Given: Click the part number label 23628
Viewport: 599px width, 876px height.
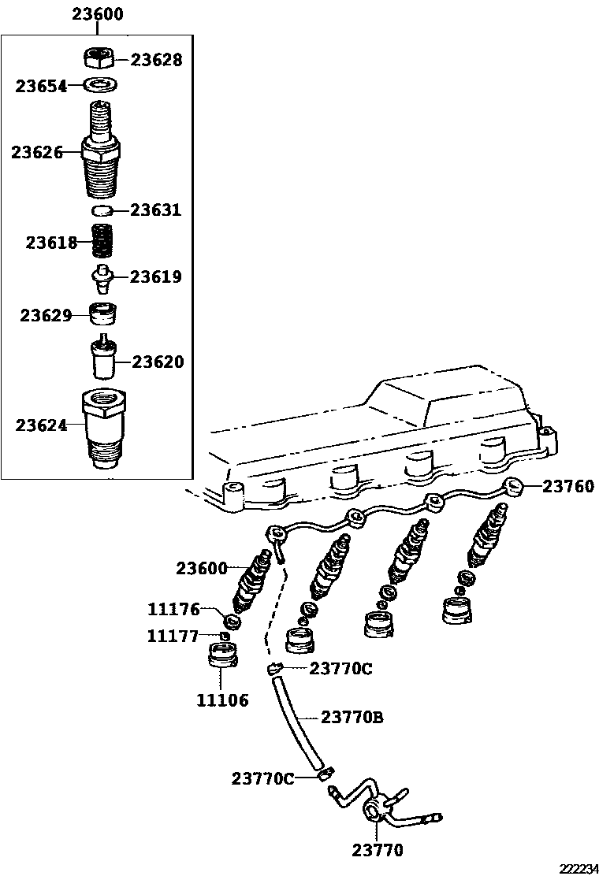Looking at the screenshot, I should click(156, 60).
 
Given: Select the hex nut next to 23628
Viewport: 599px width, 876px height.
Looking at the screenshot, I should click(99, 57).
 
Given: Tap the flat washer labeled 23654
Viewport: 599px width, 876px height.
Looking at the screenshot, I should click(100, 84).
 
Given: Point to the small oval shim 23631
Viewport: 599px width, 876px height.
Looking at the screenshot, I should click(101, 210).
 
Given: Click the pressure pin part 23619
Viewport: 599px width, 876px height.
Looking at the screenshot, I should click(101, 277).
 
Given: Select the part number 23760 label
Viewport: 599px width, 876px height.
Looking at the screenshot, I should click(568, 486).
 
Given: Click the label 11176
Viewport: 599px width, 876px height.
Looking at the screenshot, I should click(173, 609).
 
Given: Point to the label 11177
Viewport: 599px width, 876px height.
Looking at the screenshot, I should click(173, 637).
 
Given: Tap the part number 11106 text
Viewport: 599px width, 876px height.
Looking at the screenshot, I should click(222, 700).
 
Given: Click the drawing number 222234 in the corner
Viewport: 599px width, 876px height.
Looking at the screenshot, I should click(578, 868).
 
